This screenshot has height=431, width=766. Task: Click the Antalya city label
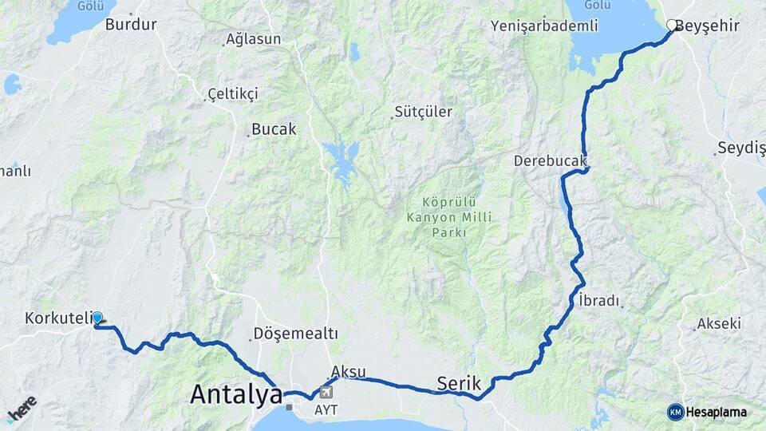236,394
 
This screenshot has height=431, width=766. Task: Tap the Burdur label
131,24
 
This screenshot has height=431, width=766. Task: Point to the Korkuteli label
59,318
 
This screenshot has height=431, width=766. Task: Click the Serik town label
459,383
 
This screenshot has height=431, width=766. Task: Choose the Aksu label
348,372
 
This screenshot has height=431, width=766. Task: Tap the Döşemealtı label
295,333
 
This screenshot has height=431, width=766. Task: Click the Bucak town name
274,129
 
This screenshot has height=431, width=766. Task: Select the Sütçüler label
424,112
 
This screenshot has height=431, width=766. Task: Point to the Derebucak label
550,160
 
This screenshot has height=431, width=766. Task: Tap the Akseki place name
719,323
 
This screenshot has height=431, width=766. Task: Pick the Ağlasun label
253,39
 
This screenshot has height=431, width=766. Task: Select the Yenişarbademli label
545,26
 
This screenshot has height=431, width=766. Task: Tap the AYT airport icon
326,393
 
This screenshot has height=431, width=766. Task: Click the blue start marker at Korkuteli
97,318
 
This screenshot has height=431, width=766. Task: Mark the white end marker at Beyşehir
672,26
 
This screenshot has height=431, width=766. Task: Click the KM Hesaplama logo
708,412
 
